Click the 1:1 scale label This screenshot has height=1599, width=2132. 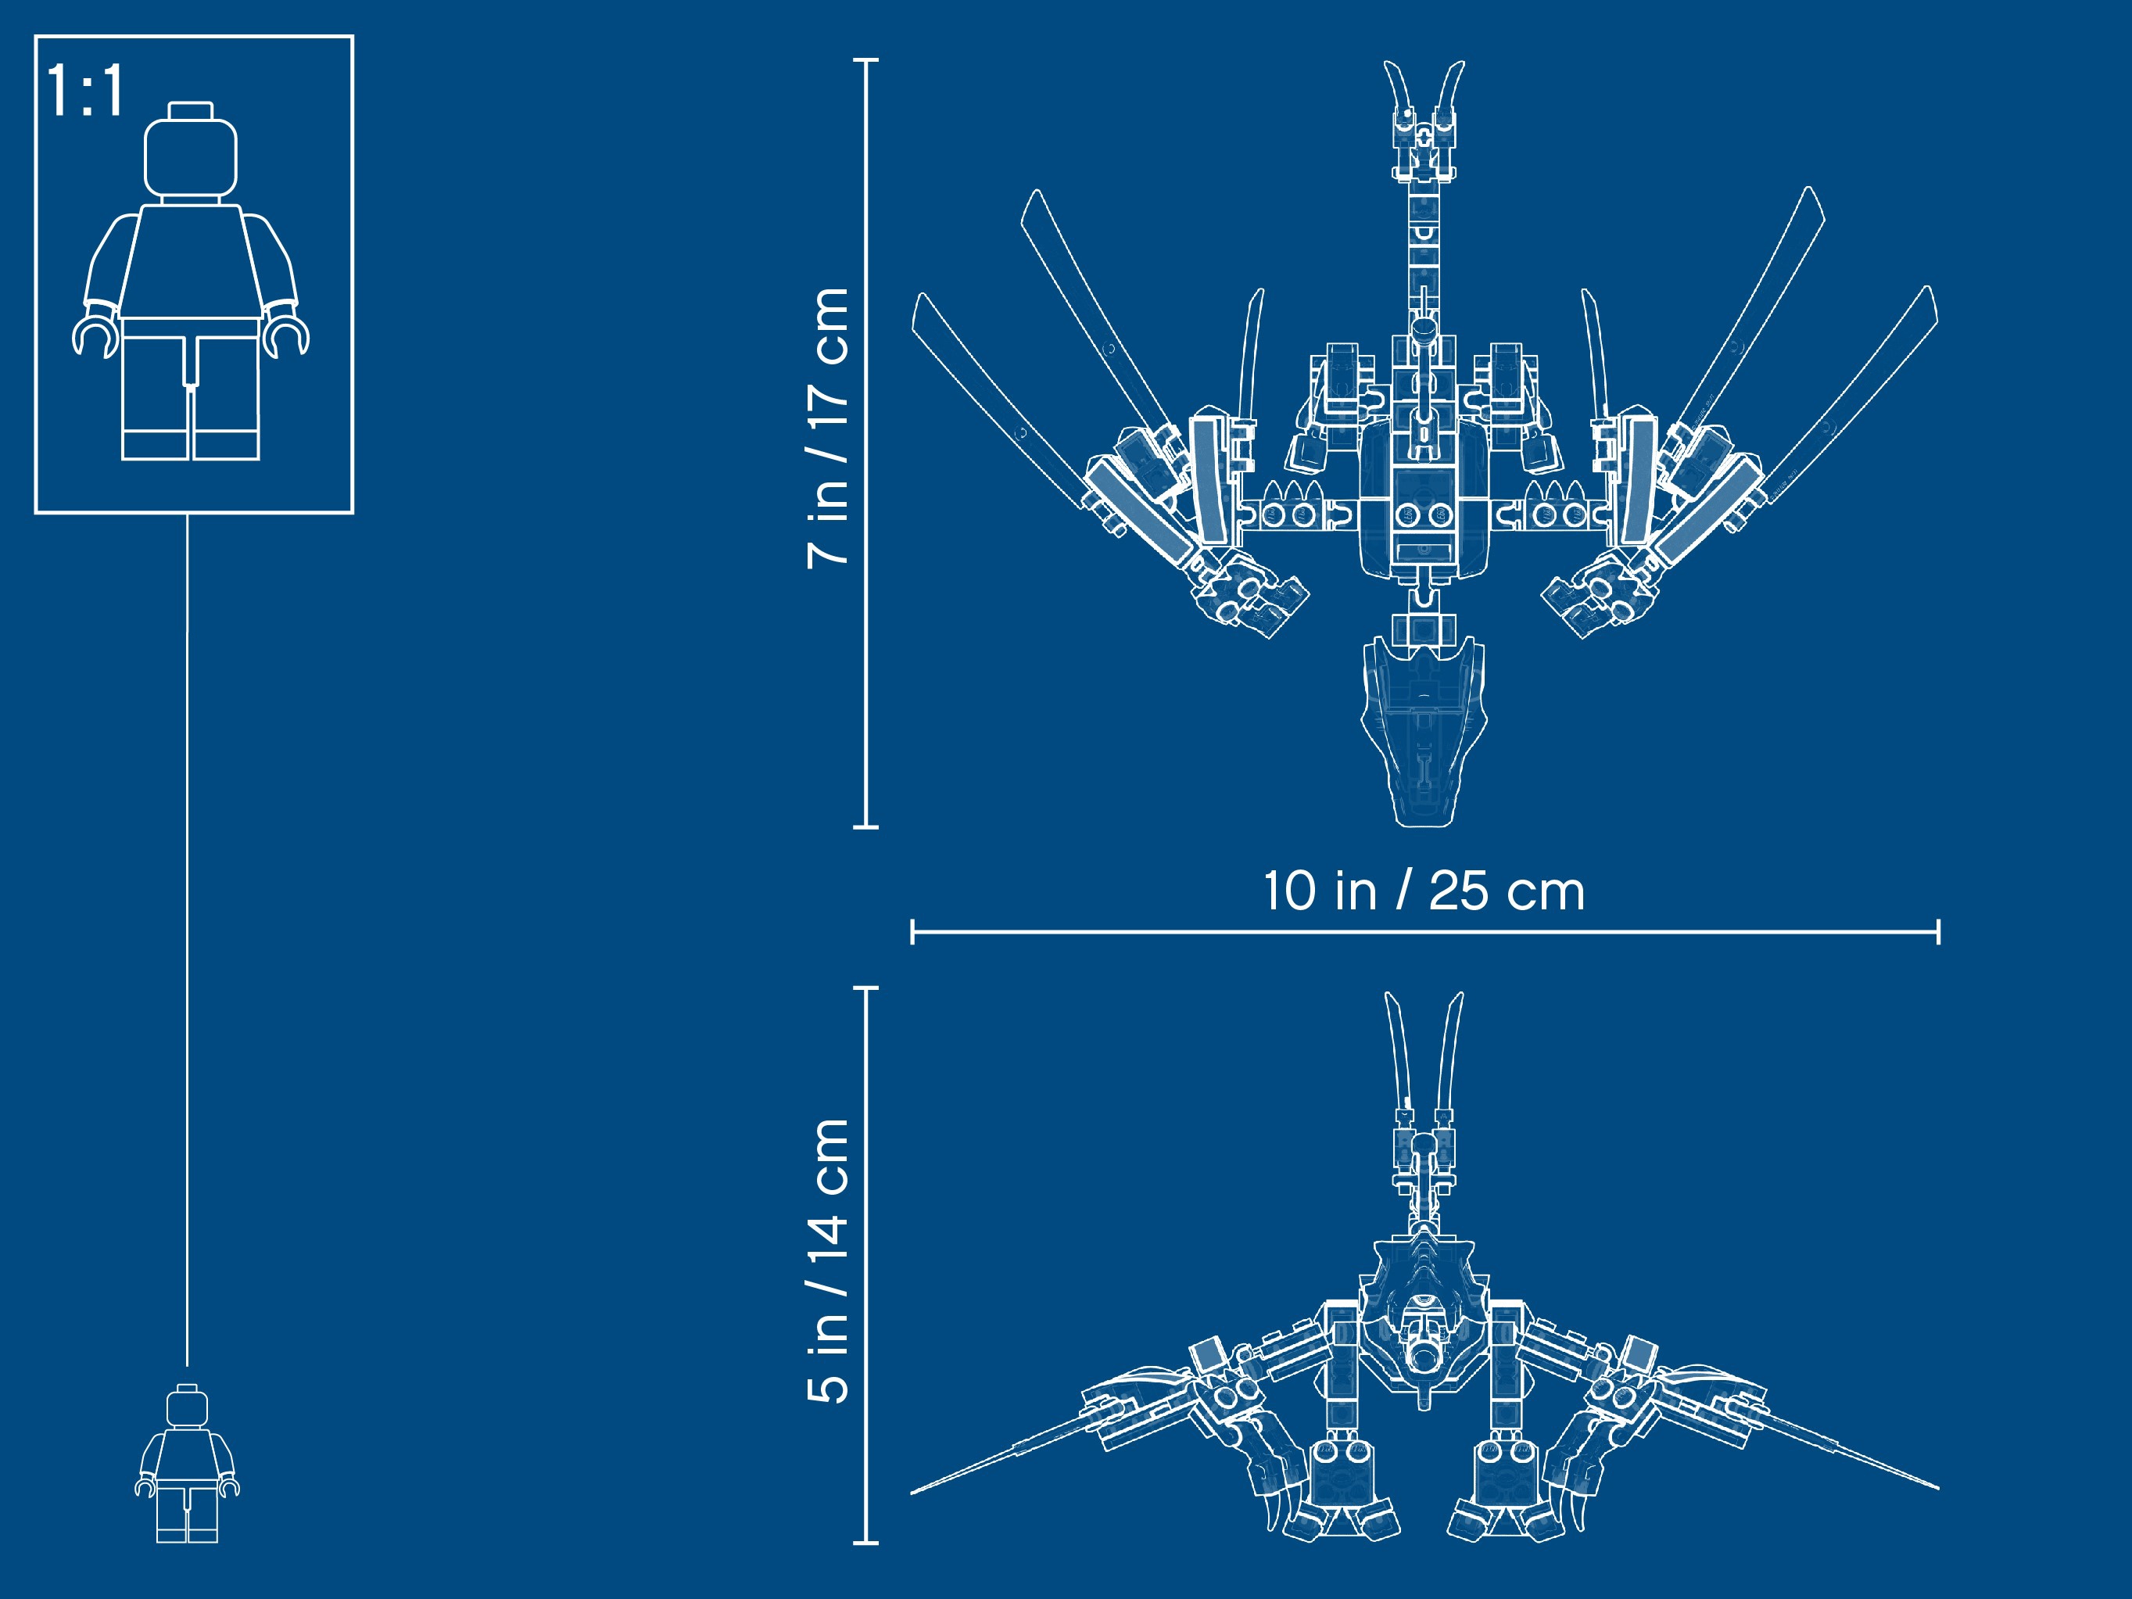84,91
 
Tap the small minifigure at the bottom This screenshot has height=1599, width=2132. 187,1462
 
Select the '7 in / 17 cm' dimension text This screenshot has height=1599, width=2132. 827,428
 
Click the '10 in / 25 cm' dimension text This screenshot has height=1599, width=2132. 1424,891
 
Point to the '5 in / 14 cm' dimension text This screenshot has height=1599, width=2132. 827,1260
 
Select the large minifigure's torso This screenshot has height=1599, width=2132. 191,260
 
